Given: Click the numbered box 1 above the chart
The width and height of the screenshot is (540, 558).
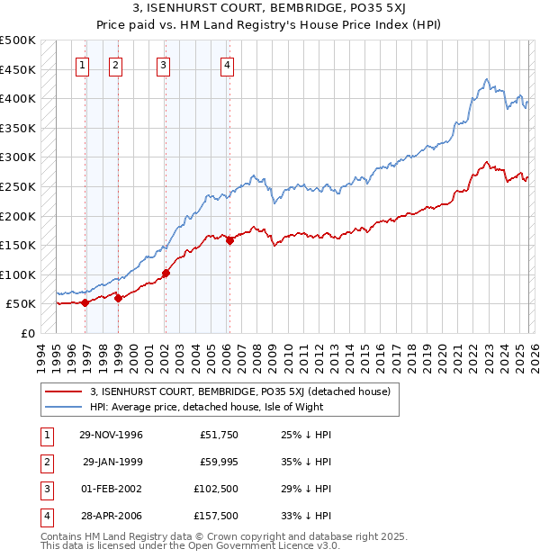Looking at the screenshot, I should pyautogui.click(x=83, y=64).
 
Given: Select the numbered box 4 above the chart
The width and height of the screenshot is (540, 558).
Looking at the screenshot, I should pyautogui.click(x=228, y=64).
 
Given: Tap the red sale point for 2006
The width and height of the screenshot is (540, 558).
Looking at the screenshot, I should pyautogui.click(x=229, y=240).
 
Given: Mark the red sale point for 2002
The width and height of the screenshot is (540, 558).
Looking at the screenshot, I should pyautogui.click(x=166, y=273).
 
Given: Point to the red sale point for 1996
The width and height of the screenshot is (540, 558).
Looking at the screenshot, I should pyautogui.click(x=85, y=302).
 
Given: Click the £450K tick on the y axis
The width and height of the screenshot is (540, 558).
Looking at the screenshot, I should pyautogui.click(x=18, y=69).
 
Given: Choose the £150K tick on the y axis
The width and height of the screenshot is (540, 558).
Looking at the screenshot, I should pyautogui.click(x=18, y=245).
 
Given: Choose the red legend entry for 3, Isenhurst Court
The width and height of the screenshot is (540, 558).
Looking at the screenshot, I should pyautogui.click(x=239, y=391).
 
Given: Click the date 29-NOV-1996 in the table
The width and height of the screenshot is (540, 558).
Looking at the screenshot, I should pyautogui.click(x=111, y=436).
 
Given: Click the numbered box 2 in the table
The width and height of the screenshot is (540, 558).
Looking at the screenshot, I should pyautogui.click(x=44, y=463).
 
